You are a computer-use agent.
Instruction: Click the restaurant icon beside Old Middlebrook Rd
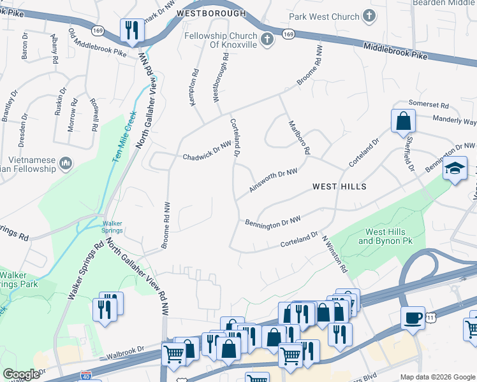coord(131,30)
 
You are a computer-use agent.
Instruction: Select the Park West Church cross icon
coord(369,15)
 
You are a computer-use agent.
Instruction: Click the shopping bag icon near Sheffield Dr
coord(403,120)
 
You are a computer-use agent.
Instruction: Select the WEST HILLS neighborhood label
coord(339,187)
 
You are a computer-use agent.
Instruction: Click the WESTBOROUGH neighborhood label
coord(210,13)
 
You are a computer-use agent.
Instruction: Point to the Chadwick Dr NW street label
coord(205,152)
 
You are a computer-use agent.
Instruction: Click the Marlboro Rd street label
coord(299,138)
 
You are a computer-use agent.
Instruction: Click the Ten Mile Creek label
coord(125,136)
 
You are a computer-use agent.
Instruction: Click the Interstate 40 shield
coord(94,377)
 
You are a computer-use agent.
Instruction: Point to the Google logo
coord(21,374)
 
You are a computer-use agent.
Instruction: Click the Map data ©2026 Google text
coord(437,377)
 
